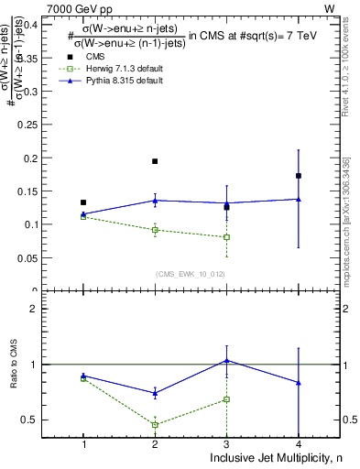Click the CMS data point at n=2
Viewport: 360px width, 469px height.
[x=155, y=161]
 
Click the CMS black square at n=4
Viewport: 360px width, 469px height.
[x=299, y=176]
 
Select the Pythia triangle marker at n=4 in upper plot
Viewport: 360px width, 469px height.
[x=299, y=199]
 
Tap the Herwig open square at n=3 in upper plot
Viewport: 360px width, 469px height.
[x=226, y=237]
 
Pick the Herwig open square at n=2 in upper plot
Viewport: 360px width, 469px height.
[x=155, y=230]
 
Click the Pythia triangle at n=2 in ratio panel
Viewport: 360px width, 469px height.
[x=155, y=393]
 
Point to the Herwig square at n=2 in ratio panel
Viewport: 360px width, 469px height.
[x=155, y=425]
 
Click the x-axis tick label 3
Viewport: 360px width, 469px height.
[x=226, y=444]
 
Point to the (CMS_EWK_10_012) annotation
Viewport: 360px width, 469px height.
[x=191, y=274]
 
